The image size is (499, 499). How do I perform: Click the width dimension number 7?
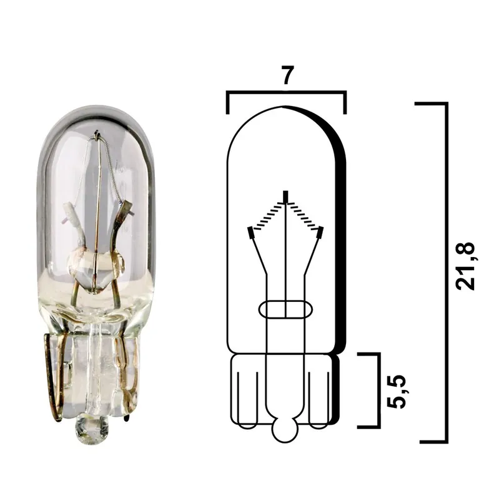[x=286, y=75]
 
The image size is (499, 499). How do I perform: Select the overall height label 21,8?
[x=467, y=266]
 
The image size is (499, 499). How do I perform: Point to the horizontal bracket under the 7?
[x=286, y=93]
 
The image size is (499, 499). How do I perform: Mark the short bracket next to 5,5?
[x=378, y=391]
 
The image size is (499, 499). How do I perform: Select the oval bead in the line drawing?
[x=285, y=309]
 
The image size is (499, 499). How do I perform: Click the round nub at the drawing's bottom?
[x=285, y=430]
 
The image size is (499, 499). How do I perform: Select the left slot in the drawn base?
[x=247, y=399]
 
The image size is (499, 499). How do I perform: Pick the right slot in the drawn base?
[x=320, y=399]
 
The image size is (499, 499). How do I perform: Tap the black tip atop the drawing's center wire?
[x=285, y=196]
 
